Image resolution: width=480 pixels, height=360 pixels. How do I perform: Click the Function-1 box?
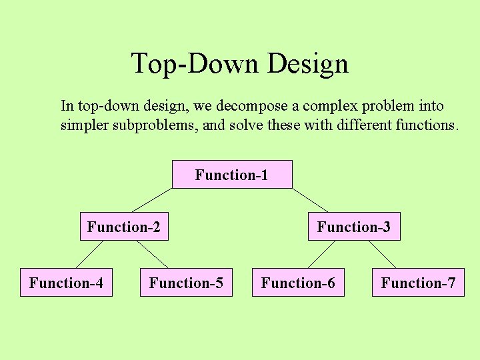click(x=232, y=175)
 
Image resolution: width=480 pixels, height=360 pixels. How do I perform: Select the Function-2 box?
click(x=124, y=227)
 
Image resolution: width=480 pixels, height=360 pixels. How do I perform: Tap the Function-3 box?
click(x=353, y=227)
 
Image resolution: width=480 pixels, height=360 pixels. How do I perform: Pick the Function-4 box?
click(x=66, y=283)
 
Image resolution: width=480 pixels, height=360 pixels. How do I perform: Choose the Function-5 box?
click(x=186, y=283)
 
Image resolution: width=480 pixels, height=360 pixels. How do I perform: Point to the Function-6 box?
click(x=298, y=283)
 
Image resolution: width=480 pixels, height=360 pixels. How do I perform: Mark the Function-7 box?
click(x=418, y=283)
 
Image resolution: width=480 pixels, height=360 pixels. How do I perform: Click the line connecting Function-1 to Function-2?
click(x=152, y=201)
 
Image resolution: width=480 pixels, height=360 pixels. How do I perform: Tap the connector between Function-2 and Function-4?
click(x=90, y=255)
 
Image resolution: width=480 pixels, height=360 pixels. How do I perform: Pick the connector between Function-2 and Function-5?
click(x=153, y=255)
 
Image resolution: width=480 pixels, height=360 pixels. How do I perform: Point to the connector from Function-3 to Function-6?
click(x=321, y=255)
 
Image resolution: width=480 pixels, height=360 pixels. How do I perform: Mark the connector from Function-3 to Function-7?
click(x=383, y=255)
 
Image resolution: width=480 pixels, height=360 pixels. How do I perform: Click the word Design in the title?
click(x=308, y=64)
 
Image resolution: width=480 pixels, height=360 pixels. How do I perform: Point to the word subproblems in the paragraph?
click(x=156, y=125)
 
